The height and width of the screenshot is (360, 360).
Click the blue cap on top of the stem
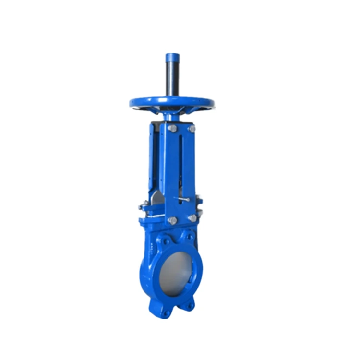click(172, 58)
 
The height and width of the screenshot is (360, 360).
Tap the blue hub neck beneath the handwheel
click(171, 116)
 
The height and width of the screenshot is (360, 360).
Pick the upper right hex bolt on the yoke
click(192, 129)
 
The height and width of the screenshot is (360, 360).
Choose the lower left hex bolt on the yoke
click(172, 220)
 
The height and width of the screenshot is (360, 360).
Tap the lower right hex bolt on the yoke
click(192, 218)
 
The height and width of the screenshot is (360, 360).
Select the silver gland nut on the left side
click(143, 207)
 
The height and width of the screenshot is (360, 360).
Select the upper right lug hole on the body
click(190, 237)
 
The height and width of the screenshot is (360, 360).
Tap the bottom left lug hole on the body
click(167, 312)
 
